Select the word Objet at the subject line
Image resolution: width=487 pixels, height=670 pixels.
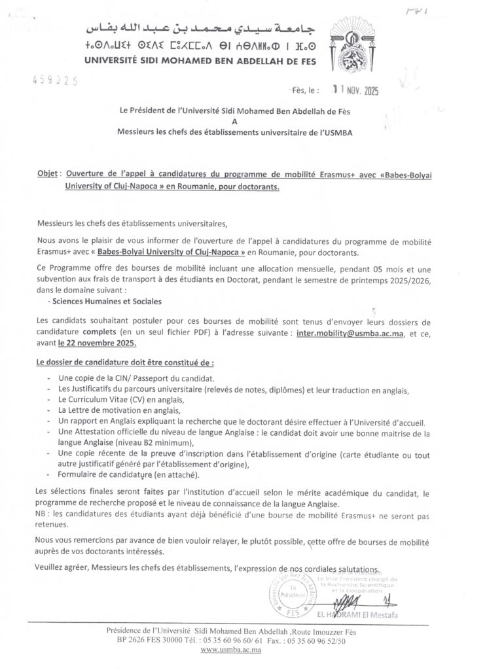click(x=47, y=175)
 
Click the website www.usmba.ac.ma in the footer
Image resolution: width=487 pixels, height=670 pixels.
click(x=230, y=650)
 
